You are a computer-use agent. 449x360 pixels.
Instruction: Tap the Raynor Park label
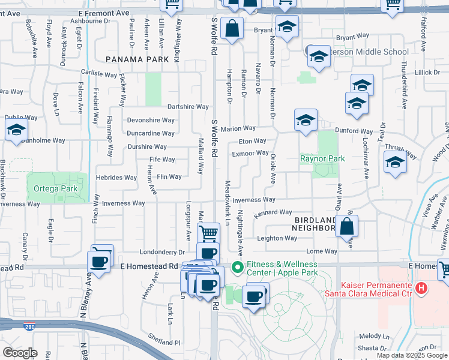coord(322,159)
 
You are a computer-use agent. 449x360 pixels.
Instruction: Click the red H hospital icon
coord(421,289)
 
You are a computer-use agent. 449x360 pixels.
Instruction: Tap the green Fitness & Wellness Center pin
coord(237,267)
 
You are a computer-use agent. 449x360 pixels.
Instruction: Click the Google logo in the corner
coord(21,352)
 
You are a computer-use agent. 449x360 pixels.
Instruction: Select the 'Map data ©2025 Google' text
coord(412,355)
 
